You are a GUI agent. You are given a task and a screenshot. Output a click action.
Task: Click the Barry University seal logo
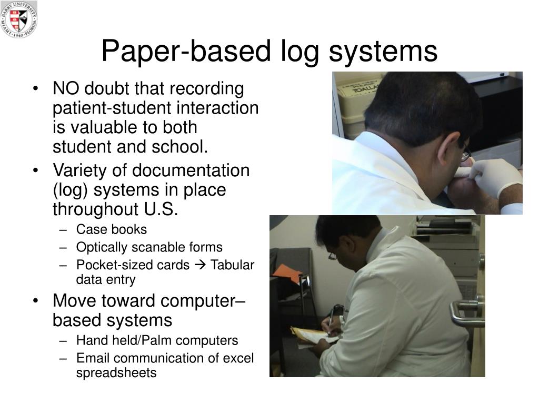click(19, 19)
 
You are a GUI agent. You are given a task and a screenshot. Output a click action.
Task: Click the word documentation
click(191, 170)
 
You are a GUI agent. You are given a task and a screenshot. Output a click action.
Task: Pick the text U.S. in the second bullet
click(161, 209)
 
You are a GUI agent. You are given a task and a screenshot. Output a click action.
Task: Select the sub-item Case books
click(112, 229)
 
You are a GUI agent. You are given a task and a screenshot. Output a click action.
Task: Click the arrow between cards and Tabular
click(200, 265)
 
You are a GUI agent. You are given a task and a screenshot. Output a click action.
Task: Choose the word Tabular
click(232, 265)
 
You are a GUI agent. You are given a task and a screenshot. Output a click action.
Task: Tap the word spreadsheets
click(116, 373)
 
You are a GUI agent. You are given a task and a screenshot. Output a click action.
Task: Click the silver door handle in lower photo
click(466, 311)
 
